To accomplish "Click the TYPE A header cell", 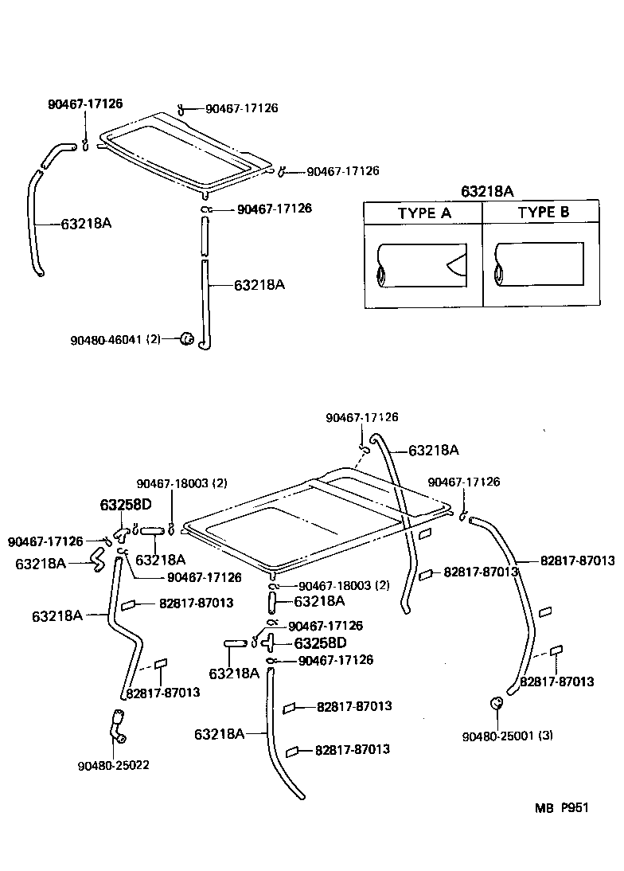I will (423, 213).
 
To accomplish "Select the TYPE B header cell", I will (543, 213).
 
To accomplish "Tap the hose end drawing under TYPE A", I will (422, 266).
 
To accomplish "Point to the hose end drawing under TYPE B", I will (539, 265).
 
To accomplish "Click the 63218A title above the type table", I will (487, 191).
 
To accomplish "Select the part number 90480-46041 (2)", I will (115, 339).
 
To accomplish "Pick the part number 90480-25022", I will (114, 765).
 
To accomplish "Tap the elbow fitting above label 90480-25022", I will (117, 725).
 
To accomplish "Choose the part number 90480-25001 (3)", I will (507, 735).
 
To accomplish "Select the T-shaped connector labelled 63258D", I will (269, 641).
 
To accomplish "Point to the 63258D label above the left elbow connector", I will (125, 505).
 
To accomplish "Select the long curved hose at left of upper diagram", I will (35, 223).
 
